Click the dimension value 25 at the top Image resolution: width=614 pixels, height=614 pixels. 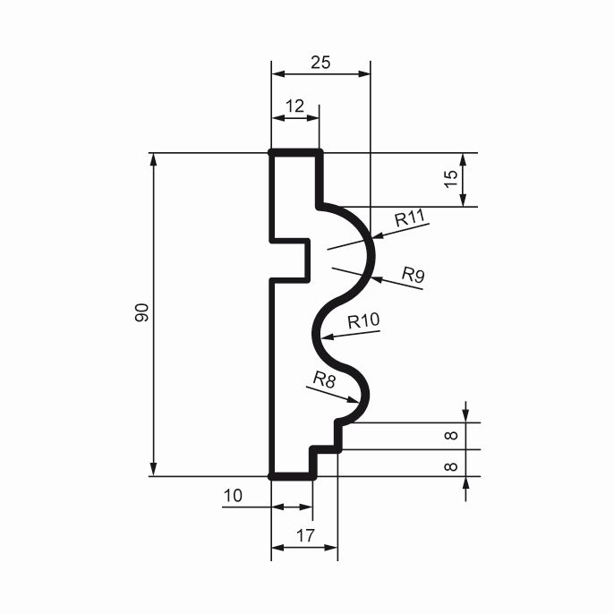(x=320, y=63)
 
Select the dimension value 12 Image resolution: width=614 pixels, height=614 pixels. (x=294, y=107)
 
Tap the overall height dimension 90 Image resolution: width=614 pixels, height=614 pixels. (x=141, y=312)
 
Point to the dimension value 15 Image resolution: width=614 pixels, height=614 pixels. (x=451, y=179)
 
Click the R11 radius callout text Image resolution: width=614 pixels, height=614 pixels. (x=410, y=217)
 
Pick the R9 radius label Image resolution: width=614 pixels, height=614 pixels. (x=414, y=275)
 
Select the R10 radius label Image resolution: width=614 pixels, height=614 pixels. (x=363, y=321)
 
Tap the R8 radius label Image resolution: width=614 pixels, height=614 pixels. (x=324, y=379)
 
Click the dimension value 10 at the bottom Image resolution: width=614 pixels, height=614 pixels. (x=233, y=496)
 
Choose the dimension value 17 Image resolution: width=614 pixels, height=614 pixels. (x=305, y=535)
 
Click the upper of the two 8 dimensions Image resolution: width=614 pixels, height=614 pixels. (x=451, y=435)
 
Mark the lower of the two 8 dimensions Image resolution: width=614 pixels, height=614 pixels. (x=451, y=466)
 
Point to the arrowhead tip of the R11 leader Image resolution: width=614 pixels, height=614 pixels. (x=372, y=237)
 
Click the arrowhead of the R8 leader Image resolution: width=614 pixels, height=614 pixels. (x=358, y=402)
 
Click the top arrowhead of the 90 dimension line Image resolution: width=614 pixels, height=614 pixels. (x=154, y=154)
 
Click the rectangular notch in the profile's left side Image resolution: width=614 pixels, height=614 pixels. (x=289, y=260)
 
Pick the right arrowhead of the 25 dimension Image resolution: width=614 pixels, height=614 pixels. (x=370, y=74)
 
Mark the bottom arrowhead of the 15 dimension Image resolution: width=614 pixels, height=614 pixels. (x=464, y=206)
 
